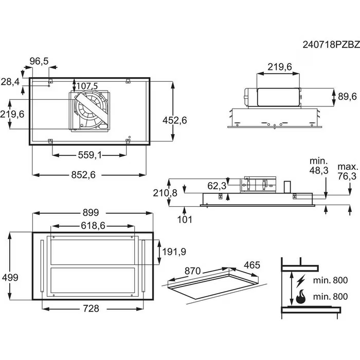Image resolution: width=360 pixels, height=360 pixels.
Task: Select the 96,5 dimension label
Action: point(39,61)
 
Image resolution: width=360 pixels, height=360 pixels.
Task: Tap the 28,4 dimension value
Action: point(11,82)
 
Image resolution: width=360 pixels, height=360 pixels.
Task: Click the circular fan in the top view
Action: point(91,111)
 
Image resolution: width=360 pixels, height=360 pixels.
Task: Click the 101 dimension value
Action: point(185,220)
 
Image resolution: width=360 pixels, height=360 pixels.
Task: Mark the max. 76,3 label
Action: point(347,172)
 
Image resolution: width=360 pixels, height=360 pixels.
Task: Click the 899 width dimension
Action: point(91,212)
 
